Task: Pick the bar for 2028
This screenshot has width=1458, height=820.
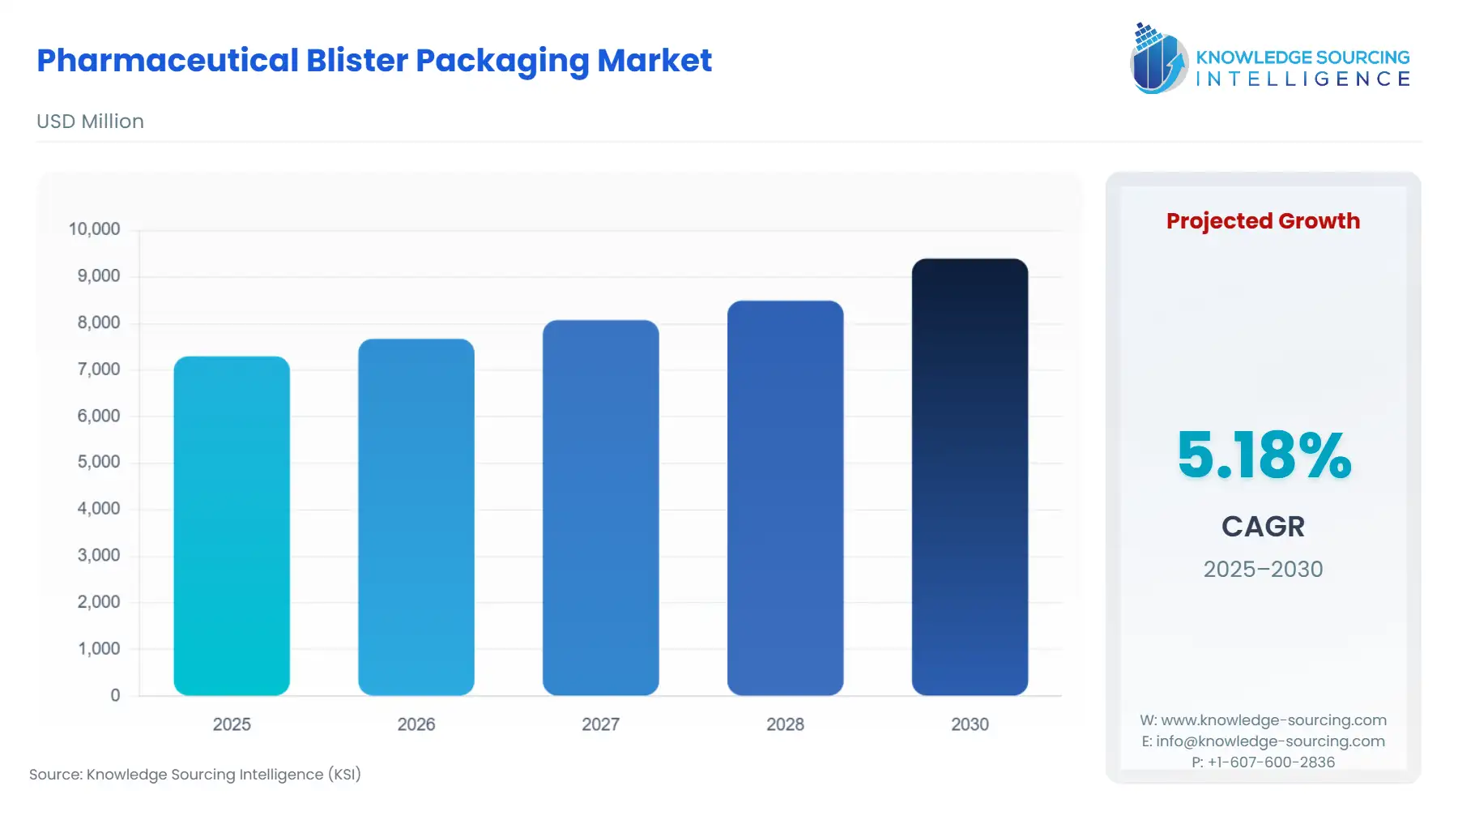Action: [785, 498]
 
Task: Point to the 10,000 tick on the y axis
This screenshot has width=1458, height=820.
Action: [94, 229]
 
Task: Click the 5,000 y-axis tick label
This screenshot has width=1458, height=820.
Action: [98, 462]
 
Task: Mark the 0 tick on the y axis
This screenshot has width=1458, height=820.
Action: [115, 695]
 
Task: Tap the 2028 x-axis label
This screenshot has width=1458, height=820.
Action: [785, 724]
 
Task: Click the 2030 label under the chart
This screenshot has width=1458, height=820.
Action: [970, 724]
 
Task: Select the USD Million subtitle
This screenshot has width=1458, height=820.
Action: [90, 122]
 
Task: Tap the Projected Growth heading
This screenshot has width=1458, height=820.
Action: [1263, 221]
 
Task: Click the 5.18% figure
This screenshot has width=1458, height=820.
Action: [1264, 455]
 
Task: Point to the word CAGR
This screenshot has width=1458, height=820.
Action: [1263, 527]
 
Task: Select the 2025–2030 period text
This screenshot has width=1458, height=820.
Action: [1263, 569]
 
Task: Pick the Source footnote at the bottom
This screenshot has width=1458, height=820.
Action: [195, 775]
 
